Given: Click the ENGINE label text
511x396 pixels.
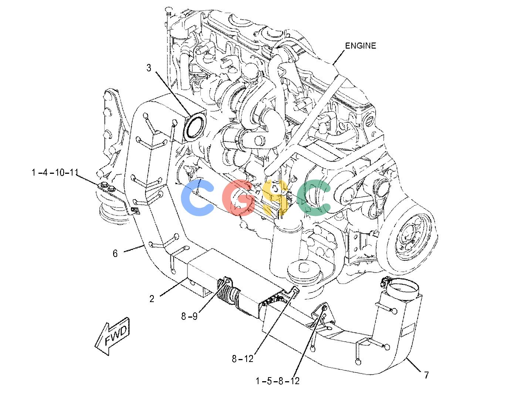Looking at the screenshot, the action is pyautogui.click(x=360, y=45).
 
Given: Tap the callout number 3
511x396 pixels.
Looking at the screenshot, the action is pyautogui.click(x=149, y=68).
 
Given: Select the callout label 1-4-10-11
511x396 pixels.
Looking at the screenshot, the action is pyautogui.click(x=55, y=172).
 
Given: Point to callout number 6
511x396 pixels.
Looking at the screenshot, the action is pyautogui.click(x=115, y=253).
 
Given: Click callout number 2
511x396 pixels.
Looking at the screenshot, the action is pyautogui.click(x=152, y=299).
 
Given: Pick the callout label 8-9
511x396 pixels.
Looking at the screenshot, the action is pyautogui.click(x=189, y=316).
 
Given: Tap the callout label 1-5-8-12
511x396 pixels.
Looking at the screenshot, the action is pyautogui.click(x=277, y=381).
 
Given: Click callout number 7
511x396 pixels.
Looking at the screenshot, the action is pyautogui.click(x=426, y=375).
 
